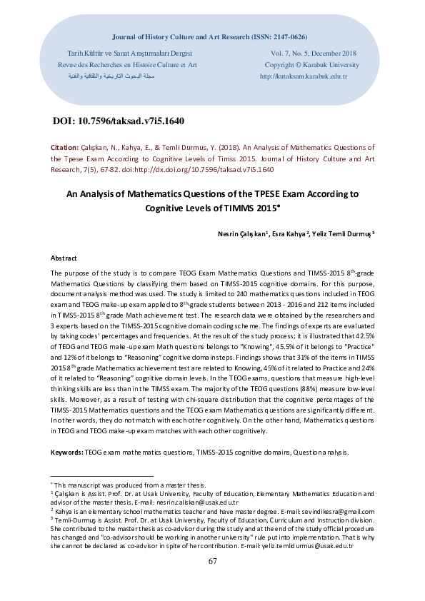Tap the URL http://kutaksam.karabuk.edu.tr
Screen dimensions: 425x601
pyautogui.click(x=304, y=76)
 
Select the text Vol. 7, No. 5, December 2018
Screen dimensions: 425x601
pyautogui.click(x=314, y=54)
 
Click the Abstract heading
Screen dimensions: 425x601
pyautogui.click(x=64, y=258)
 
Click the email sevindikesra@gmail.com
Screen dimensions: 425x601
pyautogui.click(x=336, y=511)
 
